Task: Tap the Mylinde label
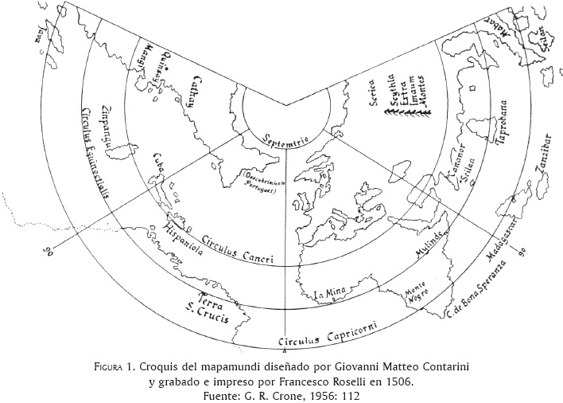tap(430, 255)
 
